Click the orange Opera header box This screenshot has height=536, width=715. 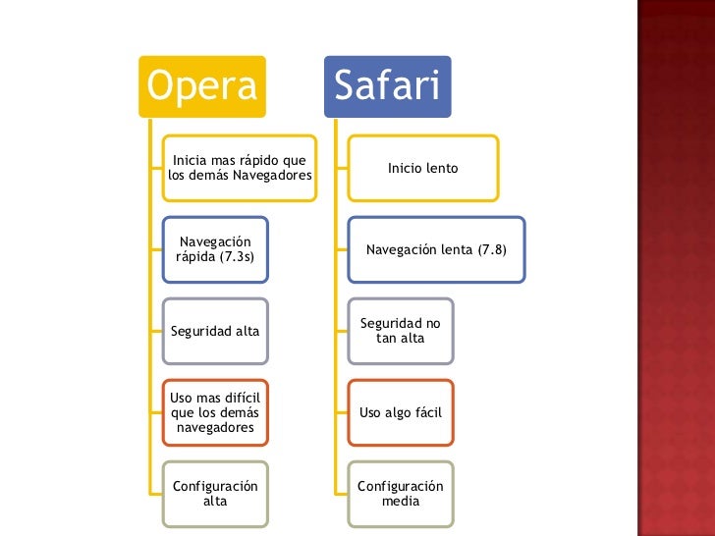[x=202, y=87]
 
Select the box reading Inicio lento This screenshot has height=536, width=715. [x=422, y=168]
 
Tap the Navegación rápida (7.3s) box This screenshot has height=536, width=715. [x=214, y=249]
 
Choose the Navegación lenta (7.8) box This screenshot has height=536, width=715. [x=436, y=249]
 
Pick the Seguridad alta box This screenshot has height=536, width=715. [x=214, y=331]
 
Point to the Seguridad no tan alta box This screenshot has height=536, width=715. [x=401, y=330]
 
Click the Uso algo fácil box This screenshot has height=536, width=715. [x=401, y=412]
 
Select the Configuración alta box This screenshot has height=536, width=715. [x=214, y=493]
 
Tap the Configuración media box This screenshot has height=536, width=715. [x=401, y=493]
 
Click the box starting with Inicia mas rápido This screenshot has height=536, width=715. [x=239, y=168]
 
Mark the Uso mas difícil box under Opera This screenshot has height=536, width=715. [x=214, y=412]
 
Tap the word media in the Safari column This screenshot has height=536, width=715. [x=401, y=501]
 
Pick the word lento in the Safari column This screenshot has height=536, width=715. [x=442, y=168]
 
